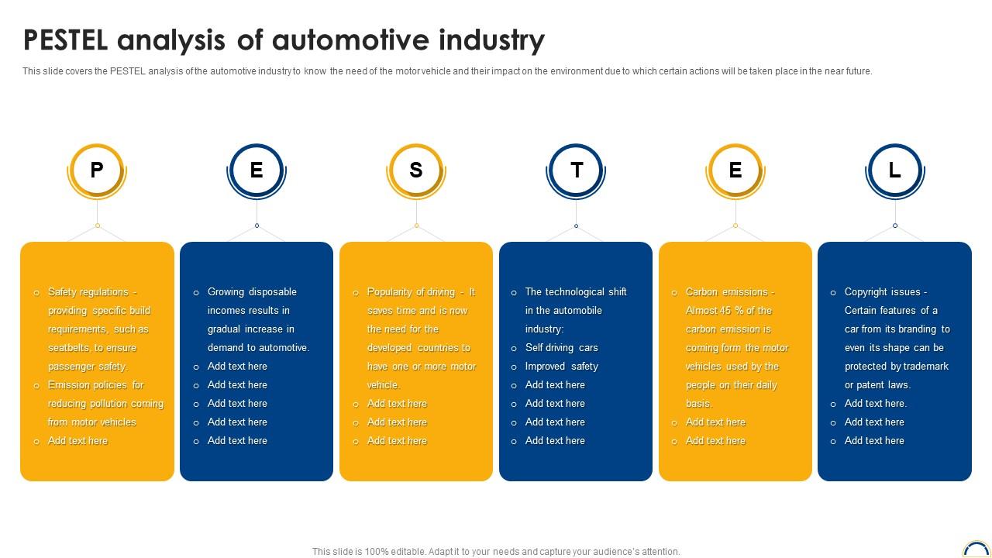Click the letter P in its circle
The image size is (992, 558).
[97, 170]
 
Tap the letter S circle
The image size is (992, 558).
[416, 170]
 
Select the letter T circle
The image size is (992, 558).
[576, 170]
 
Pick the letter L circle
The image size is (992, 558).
[895, 170]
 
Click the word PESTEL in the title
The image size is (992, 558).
[66, 40]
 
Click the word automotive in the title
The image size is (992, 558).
[350, 40]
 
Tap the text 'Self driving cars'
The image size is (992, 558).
[562, 348]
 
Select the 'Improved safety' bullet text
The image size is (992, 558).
[562, 367]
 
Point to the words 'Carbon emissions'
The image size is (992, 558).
[727, 292]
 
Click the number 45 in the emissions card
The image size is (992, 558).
[725, 311]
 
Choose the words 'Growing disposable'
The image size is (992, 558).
[252, 292]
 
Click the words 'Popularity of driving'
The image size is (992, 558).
[411, 292]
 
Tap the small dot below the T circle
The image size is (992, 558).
[576, 226]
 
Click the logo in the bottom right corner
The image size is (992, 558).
[977, 549]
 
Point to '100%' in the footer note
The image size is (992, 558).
[377, 552]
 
